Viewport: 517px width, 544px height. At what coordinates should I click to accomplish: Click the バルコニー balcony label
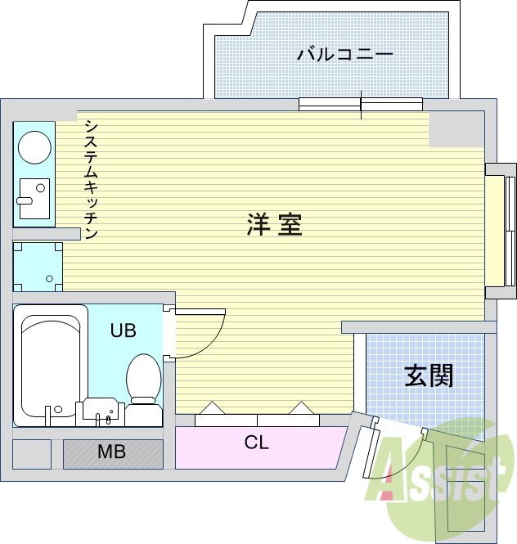point(344,55)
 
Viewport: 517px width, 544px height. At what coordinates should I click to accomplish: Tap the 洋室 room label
point(274,225)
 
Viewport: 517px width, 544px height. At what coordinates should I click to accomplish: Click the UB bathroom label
point(124,330)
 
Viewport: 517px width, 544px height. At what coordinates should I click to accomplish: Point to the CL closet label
point(256,443)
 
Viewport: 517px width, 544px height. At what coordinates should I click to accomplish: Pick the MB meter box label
point(111,452)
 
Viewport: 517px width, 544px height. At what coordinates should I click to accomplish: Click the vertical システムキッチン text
point(91,180)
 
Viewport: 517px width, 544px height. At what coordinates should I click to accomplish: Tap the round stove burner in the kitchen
point(34,148)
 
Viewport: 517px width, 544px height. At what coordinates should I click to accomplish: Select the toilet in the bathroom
point(144,380)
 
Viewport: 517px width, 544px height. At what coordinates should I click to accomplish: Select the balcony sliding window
point(361,104)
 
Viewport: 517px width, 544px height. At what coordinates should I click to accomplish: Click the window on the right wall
point(498,231)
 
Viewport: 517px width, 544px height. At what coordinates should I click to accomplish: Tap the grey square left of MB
point(32,453)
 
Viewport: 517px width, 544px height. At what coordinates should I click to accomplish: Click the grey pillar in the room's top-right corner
point(456,128)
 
